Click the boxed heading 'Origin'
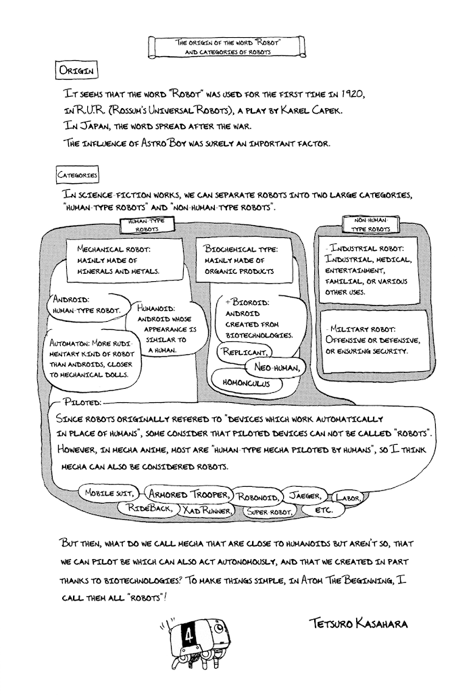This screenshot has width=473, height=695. pos(77,70)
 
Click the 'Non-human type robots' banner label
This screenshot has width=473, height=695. pos(371,225)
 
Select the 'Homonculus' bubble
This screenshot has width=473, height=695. pos(241,383)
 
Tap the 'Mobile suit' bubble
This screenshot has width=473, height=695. pos(110,494)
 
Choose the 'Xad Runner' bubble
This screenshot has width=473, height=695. pos(207,510)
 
